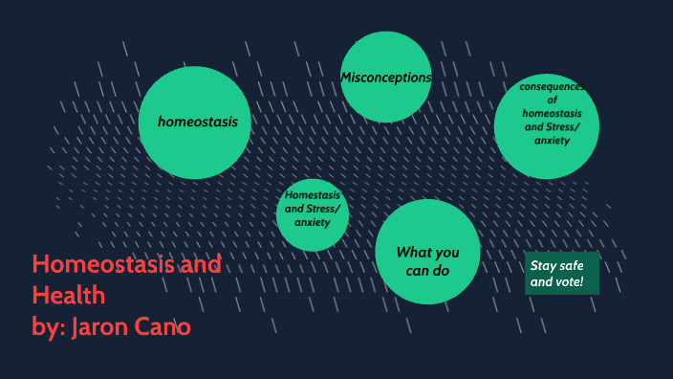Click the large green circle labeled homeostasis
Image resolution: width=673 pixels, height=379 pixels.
(x=195, y=123)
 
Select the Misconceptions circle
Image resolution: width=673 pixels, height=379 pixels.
(x=386, y=78)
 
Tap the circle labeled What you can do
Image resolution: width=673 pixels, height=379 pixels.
(x=427, y=252)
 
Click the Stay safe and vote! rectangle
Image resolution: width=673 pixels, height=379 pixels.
(x=561, y=273)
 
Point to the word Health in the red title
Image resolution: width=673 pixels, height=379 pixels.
(x=68, y=295)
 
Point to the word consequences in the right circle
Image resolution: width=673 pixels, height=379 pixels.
(x=552, y=87)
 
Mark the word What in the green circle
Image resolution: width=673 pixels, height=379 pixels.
(x=414, y=252)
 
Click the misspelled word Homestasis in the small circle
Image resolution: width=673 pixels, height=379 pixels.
(x=313, y=195)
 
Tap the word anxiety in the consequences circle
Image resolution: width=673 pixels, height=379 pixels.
(x=552, y=141)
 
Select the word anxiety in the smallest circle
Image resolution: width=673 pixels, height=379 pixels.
(x=312, y=222)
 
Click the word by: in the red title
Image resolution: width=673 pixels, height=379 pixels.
(x=47, y=326)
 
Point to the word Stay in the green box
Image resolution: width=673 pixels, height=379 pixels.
(x=544, y=265)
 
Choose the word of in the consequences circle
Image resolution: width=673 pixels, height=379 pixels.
(x=552, y=100)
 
